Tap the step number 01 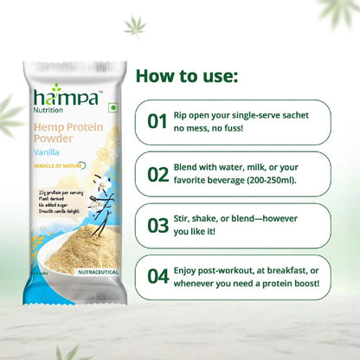[x=157, y=121]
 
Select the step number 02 [x=157, y=173]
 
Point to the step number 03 [x=157, y=225]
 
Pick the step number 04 [x=157, y=277]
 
